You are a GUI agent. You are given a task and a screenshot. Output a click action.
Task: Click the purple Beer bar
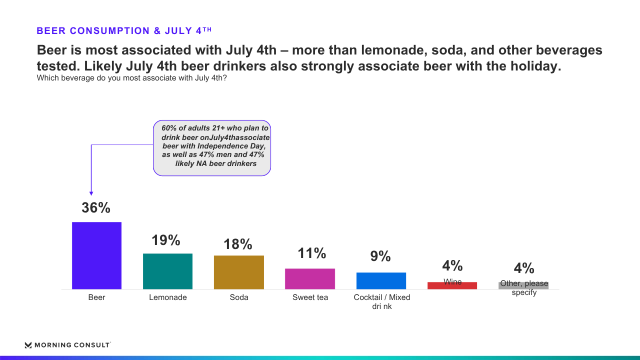pos(96,255)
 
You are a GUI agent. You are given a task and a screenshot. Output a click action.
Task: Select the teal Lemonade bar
pos(167,271)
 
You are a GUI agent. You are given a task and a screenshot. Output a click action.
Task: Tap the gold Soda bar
pos(239,272)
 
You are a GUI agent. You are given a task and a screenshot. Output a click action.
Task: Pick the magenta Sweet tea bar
pos(310,279)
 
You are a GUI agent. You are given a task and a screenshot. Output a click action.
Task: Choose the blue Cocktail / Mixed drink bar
pos(381,281)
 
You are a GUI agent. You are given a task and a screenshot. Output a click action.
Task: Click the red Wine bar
pos(452,285)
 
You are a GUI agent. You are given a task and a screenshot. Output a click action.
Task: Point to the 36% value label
pos(96,207)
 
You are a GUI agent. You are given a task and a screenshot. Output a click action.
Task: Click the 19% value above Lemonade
pos(166,240)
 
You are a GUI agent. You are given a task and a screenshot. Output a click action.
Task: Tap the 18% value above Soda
pos(238,244)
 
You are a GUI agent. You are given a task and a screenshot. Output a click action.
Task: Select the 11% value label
pos(311,253)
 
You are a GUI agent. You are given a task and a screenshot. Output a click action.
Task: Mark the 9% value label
pos(380,256)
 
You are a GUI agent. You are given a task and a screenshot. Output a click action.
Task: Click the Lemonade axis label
pos(168,297)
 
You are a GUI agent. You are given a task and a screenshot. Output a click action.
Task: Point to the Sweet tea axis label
pos(310,297)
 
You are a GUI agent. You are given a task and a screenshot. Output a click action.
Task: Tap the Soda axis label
pos(239,297)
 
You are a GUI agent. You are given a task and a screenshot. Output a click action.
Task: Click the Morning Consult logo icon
pos(28,345)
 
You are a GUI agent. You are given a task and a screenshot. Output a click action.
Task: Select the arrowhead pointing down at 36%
pos(91,193)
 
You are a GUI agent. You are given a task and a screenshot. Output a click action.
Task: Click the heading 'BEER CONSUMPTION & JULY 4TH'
pos(124,30)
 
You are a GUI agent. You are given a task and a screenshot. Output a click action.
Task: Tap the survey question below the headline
pos(131,78)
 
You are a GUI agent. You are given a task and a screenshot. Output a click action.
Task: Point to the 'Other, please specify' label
pos(524,287)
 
